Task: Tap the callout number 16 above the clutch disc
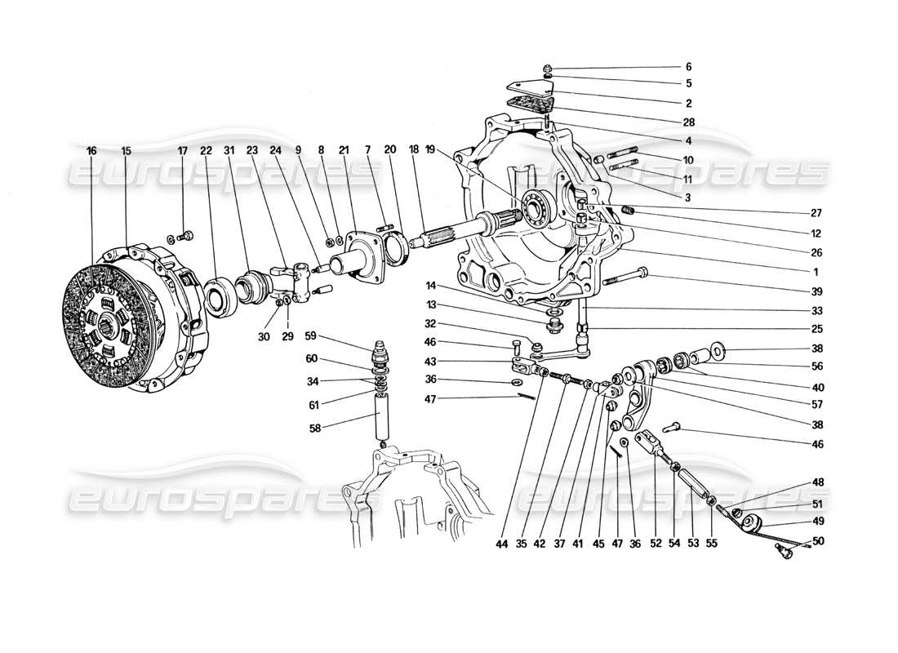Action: [91, 151]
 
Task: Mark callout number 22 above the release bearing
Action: [205, 151]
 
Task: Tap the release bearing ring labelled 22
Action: [220, 295]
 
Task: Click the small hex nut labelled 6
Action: [549, 67]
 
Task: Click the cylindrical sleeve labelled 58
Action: [382, 414]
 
